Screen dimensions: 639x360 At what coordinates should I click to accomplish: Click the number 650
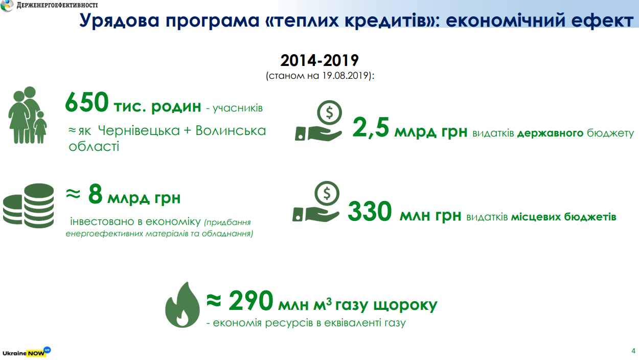tap(87, 102)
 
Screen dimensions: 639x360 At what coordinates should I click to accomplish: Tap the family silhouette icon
tap(28, 115)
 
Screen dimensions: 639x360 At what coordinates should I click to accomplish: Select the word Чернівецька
tap(139, 130)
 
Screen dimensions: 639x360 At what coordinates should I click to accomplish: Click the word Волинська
tap(231, 130)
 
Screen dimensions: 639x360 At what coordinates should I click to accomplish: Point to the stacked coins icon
tap(28, 206)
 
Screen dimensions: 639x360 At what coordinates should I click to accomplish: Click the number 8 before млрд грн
tap(95, 194)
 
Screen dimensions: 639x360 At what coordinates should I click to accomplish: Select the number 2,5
tap(371, 127)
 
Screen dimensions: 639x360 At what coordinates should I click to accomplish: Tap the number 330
tap(370, 211)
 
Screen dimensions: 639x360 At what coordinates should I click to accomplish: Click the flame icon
tap(182, 305)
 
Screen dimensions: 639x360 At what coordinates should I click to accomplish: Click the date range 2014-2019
tap(319, 60)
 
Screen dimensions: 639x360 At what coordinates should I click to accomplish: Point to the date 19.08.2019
tap(345, 76)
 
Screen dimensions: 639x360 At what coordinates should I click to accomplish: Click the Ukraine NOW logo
tap(27, 352)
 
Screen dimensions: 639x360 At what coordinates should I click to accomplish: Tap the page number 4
tap(633, 351)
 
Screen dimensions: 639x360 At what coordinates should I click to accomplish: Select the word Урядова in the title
tap(119, 20)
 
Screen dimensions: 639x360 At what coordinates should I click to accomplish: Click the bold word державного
tap(550, 133)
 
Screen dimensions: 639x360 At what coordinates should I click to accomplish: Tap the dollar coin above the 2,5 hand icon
tap(329, 112)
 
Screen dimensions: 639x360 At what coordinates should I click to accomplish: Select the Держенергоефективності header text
tap(57, 5)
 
